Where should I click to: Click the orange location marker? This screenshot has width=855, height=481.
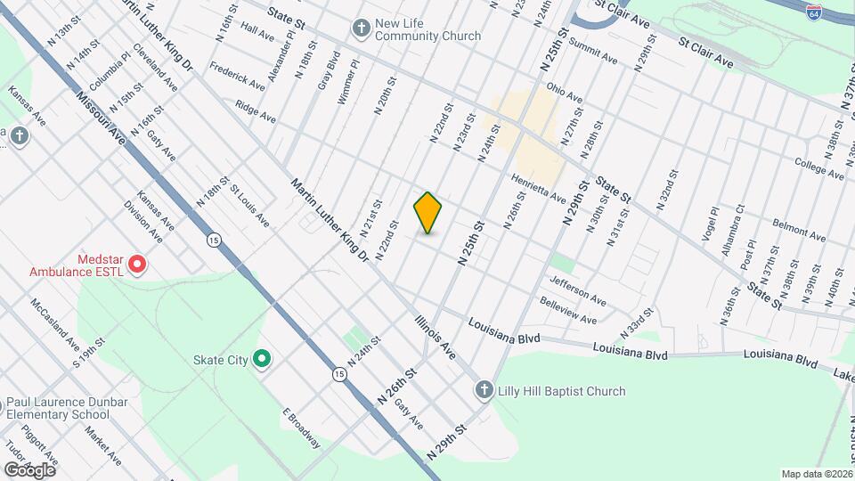coord(428,212)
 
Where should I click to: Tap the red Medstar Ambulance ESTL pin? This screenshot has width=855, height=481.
coord(137,264)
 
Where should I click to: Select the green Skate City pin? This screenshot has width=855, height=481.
coord(262,359)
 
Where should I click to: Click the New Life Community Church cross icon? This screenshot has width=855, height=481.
coord(361,28)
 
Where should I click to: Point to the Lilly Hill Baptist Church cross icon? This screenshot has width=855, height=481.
coord(484,390)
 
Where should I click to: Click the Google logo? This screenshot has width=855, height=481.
coord(29,469)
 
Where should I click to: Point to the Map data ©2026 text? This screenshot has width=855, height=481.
coord(816,474)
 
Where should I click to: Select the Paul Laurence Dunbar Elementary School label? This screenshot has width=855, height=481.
coord(58,407)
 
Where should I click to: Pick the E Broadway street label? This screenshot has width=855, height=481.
coord(300,428)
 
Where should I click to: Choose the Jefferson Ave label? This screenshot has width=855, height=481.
coord(577,290)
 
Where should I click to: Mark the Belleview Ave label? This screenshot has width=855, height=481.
coord(568,312)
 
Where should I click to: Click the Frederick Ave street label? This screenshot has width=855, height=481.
coord(238,76)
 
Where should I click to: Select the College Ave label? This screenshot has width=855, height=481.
coord(818,168)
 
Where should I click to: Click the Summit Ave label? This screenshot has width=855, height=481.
coord(592,51)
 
